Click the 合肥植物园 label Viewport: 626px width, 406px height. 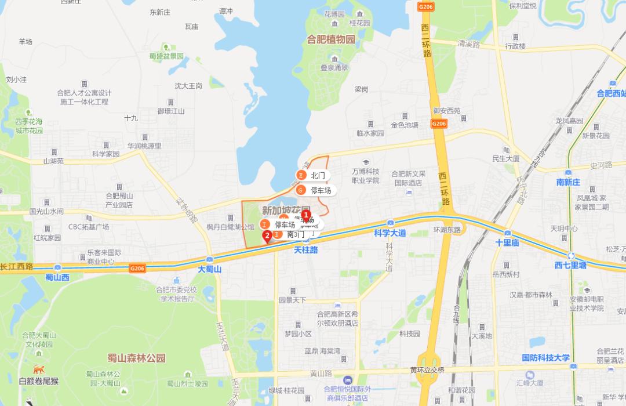pyautogui.click(x=331, y=39)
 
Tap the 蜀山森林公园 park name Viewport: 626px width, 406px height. pyautogui.click(x=136, y=358)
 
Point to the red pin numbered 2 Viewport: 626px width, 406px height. pyautogui.click(x=267, y=236)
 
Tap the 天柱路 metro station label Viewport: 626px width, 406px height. pyautogui.click(x=305, y=250)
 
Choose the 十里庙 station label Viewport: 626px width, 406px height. pyautogui.click(x=507, y=242)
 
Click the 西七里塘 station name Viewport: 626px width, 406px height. pyautogui.click(x=570, y=265)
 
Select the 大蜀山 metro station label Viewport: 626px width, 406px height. pyautogui.click(x=209, y=269)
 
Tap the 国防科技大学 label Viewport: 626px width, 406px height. pyautogui.click(x=545, y=357)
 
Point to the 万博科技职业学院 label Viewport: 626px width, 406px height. pyautogui.click(x=365, y=176)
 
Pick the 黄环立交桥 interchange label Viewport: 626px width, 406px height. pyautogui.click(x=427, y=369)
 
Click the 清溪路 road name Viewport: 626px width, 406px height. pyautogui.click(x=469, y=43)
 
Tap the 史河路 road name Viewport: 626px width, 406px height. pyautogui.click(x=601, y=165)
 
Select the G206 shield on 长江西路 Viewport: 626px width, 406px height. pyautogui.click(x=137, y=268)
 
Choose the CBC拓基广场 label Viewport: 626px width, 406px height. pyautogui.click(x=89, y=227)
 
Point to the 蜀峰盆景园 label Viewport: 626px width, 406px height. pyautogui.click(x=166, y=56)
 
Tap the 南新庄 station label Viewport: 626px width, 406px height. pyautogui.click(x=568, y=182)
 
